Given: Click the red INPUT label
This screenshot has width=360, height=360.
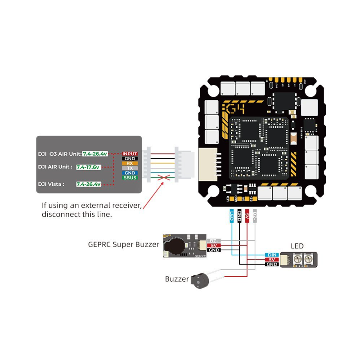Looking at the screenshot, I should click(130, 154).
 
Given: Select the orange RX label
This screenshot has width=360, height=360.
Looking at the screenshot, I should click(130, 163).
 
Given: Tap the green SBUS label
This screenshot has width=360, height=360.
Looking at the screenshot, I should click(130, 178).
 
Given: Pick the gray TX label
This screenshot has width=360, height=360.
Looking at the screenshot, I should click(130, 168).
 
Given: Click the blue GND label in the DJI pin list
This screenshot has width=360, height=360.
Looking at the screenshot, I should click(130, 173).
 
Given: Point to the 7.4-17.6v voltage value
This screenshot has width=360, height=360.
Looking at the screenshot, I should click(88, 167).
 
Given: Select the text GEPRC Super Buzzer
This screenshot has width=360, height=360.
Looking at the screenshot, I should click(123, 245).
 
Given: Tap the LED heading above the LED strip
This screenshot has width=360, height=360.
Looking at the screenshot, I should click(297, 246).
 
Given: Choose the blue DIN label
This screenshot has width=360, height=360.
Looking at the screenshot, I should click(271, 255).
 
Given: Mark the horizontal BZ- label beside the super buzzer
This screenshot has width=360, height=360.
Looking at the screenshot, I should click(213, 241).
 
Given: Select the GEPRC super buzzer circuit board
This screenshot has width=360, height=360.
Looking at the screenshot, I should click(184, 246).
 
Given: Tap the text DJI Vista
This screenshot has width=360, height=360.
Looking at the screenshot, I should click(51, 184).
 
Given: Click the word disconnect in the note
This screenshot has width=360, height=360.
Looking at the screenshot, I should click(60, 214).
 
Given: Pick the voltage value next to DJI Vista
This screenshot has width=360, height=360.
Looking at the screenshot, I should click(88, 184).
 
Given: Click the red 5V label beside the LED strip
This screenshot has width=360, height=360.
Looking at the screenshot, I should click(272, 260).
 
